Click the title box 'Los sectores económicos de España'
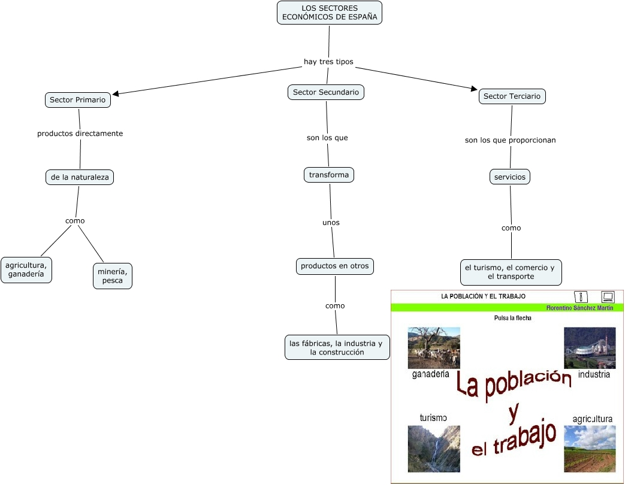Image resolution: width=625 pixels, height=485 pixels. (330, 13)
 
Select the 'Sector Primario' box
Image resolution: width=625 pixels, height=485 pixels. (78, 100)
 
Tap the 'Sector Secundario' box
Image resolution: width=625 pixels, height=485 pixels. (326, 92)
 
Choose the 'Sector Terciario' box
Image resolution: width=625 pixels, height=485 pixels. (512, 96)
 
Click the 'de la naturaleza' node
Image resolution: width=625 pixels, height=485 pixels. (80, 177)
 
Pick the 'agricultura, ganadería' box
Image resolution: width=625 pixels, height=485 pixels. (26, 269)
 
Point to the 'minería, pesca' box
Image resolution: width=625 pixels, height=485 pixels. (113, 275)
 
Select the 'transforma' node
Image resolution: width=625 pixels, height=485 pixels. (329, 175)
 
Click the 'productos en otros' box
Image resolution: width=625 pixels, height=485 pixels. (335, 266)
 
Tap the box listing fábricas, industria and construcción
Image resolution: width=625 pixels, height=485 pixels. (337, 347)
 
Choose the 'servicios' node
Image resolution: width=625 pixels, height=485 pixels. (510, 177)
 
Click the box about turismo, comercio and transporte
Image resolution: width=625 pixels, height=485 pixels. (511, 272)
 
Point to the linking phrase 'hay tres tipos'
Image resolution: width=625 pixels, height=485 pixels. (328, 62)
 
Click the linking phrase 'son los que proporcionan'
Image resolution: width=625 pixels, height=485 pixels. (511, 140)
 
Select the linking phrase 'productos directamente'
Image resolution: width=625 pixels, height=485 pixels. (80, 134)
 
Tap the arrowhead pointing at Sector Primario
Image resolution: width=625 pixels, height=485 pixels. (116, 93)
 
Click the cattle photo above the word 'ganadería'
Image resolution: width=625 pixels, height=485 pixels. (434, 348)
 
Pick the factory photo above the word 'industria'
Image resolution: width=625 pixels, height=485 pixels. (590, 348)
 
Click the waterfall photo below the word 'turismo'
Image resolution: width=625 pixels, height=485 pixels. (434, 448)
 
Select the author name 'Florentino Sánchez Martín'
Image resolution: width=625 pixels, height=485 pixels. (579, 308)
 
